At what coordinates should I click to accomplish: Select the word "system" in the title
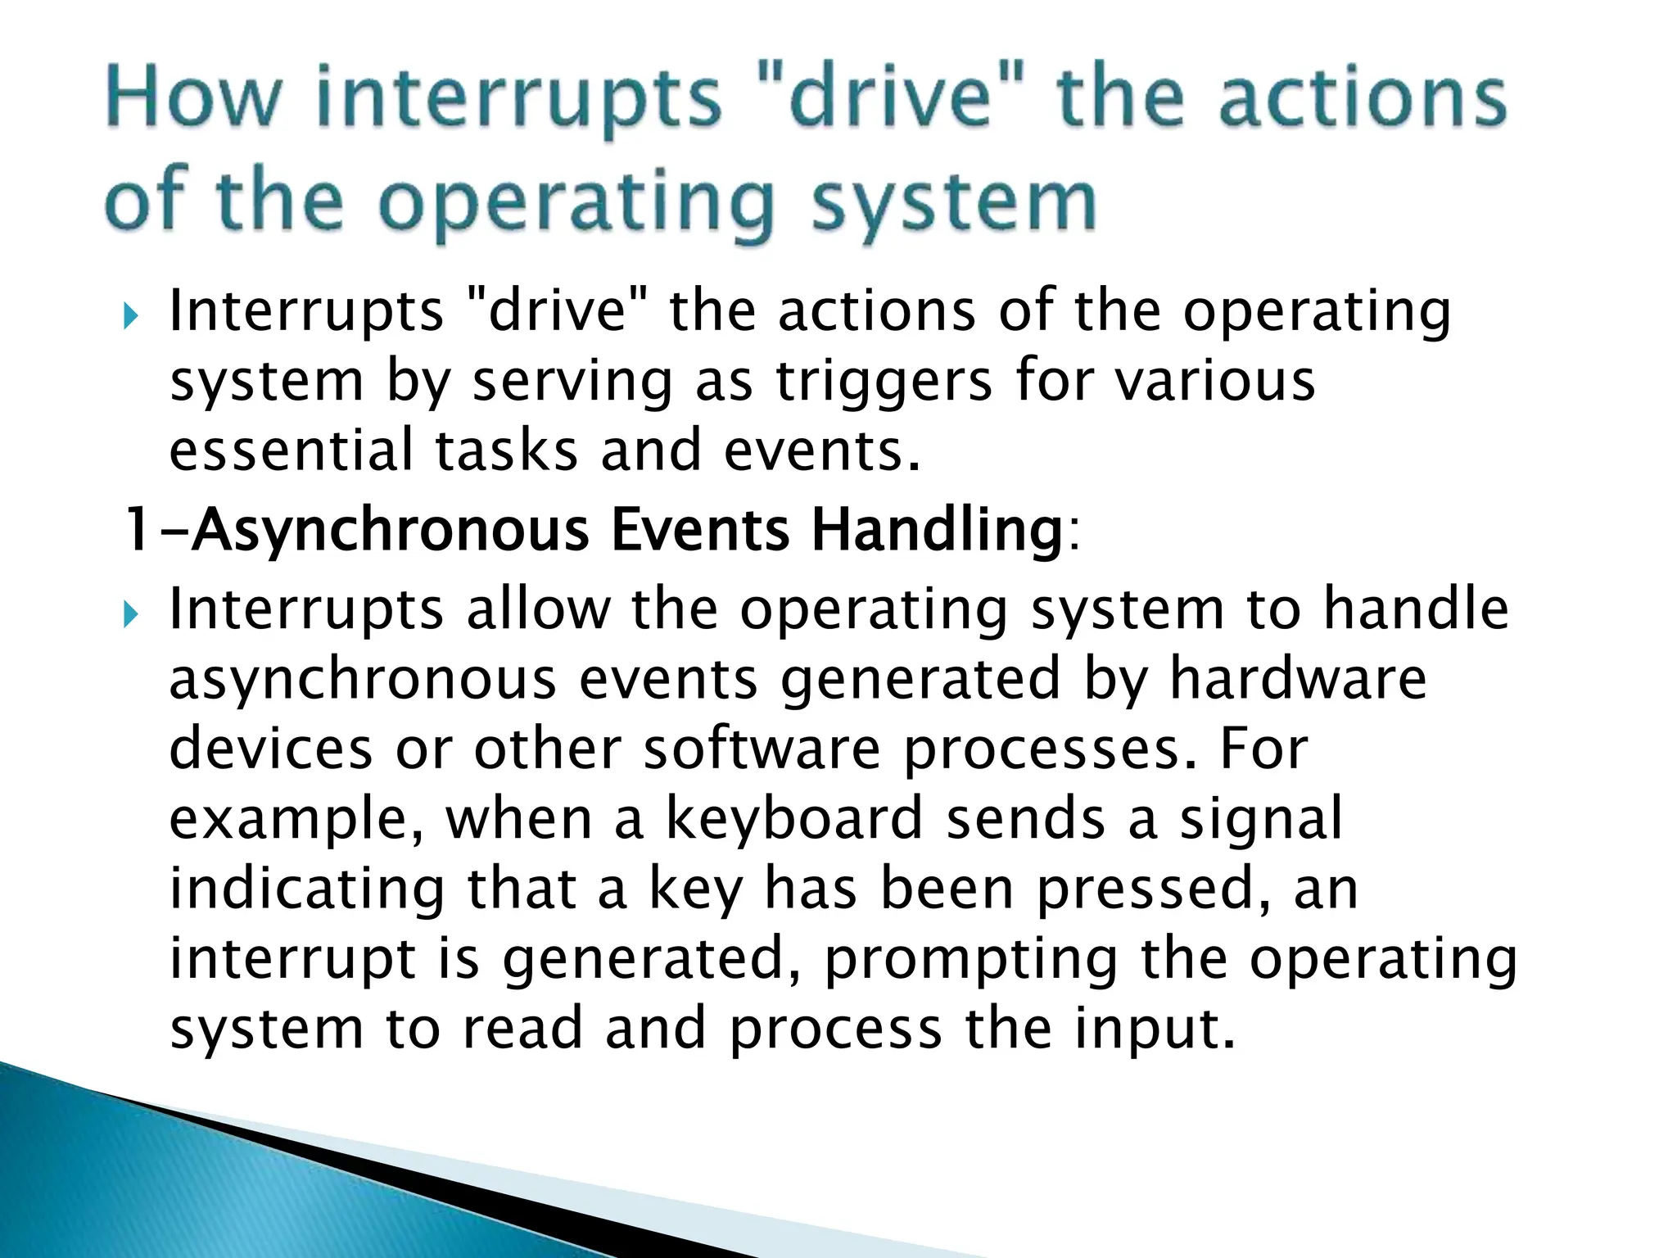pyautogui.click(x=954, y=203)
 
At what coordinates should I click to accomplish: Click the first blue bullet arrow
pyautogui.click(x=130, y=314)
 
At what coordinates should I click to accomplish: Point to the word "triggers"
pyautogui.click(x=884, y=382)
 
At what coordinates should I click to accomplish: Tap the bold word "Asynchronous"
pyautogui.click(x=391, y=530)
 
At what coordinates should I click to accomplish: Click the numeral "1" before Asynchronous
pyautogui.click(x=138, y=530)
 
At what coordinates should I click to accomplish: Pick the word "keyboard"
pyautogui.click(x=794, y=818)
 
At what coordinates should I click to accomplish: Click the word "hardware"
pyautogui.click(x=1298, y=679)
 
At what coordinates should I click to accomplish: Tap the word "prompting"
pyautogui.click(x=971, y=959)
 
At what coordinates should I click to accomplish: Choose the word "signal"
pyautogui.click(x=1261, y=818)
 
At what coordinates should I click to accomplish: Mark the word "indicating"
pyautogui.click(x=307, y=889)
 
